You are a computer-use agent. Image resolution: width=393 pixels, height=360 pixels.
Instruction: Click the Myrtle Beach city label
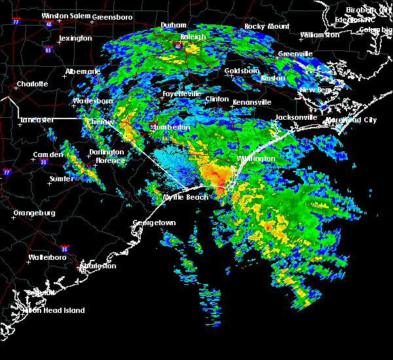[x=185, y=198]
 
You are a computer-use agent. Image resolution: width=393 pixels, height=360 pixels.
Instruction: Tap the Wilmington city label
[x=256, y=159]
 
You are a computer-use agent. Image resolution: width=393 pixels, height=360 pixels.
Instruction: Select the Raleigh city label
[x=193, y=37]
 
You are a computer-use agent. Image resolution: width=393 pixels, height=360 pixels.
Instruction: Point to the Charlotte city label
[x=33, y=84]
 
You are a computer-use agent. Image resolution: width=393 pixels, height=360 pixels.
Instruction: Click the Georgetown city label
[x=155, y=223]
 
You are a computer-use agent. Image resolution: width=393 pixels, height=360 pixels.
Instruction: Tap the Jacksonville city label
[x=296, y=118]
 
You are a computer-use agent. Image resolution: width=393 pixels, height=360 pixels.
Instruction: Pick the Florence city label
[x=110, y=160]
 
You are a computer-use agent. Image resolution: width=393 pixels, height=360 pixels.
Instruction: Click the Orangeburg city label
[x=34, y=213]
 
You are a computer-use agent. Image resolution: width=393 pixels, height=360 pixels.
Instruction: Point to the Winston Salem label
[x=65, y=16]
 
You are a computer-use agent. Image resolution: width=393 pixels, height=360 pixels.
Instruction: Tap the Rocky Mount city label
[x=267, y=27]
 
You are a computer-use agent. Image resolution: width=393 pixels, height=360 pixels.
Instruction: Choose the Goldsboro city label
[x=242, y=71]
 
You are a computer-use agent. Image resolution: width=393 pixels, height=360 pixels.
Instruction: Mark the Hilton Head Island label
[x=57, y=311]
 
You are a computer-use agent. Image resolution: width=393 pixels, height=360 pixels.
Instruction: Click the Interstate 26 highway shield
[x=64, y=249]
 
